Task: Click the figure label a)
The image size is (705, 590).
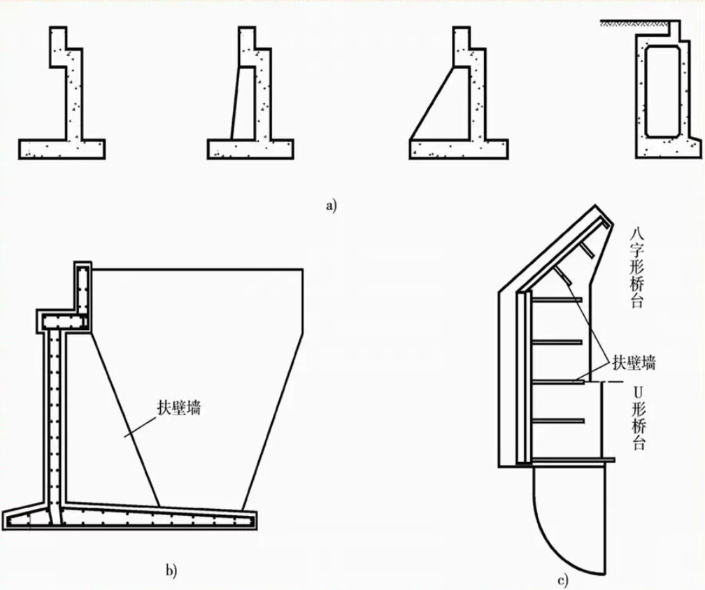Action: click(331, 206)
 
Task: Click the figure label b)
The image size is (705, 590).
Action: click(171, 570)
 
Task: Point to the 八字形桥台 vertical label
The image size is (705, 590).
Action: click(636, 267)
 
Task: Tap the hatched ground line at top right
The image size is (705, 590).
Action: click(633, 22)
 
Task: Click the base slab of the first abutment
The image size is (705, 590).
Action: click(62, 149)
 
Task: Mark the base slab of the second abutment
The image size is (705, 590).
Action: click(250, 149)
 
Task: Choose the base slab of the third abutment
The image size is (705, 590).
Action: click(459, 149)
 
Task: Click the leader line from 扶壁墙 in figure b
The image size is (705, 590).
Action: click(140, 426)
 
